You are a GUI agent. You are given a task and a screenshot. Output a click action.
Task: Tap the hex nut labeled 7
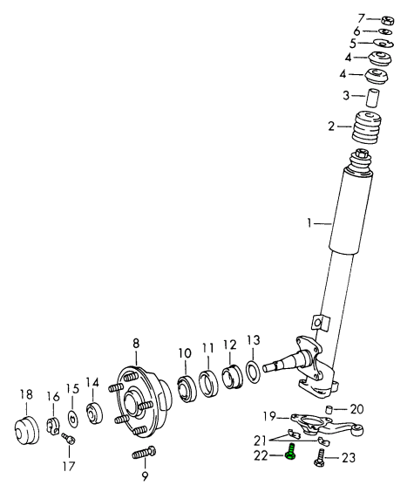coord(388,20)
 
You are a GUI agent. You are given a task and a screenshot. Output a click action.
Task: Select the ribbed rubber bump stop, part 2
coord(366,127)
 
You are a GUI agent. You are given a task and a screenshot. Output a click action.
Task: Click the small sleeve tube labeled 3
coord(373,98)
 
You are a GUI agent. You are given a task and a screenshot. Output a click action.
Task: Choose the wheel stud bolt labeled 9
coord(145,453)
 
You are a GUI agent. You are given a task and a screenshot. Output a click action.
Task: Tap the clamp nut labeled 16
coord(53,426)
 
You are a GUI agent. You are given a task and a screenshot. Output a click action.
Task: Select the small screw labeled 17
coord(69,438)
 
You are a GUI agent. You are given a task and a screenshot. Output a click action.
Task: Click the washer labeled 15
coord(72,419)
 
